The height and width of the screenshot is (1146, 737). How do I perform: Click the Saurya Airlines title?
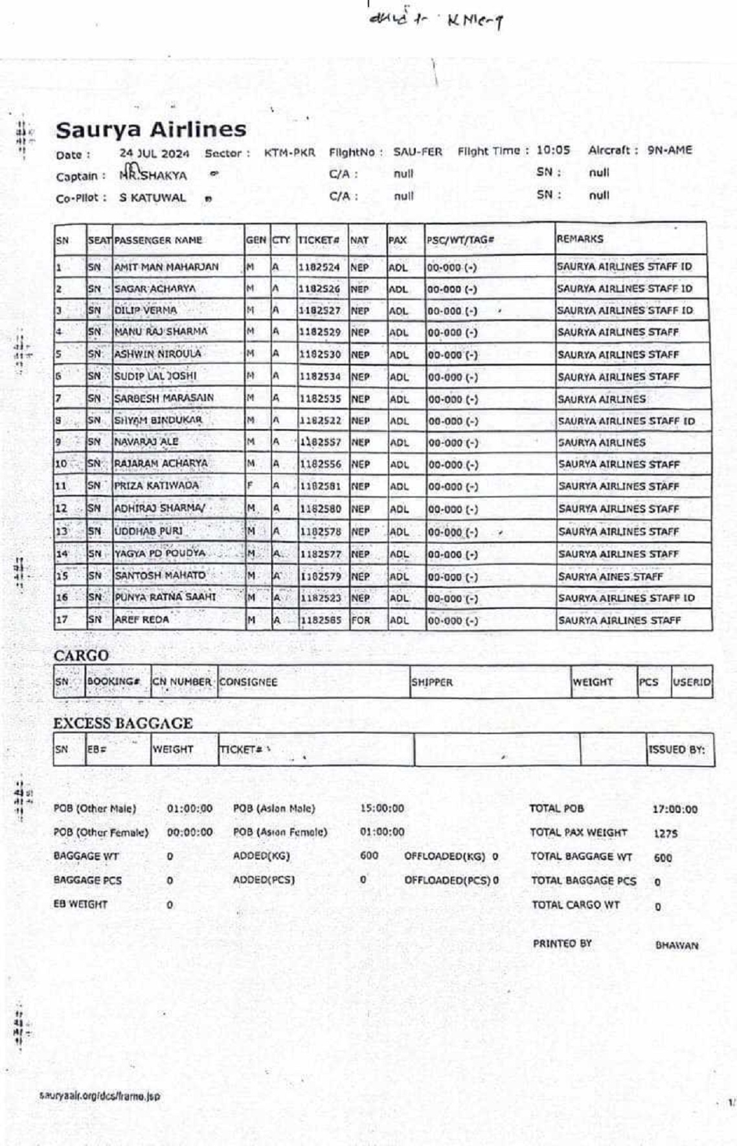(150, 130)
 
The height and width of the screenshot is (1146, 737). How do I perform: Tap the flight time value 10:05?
(553, 150)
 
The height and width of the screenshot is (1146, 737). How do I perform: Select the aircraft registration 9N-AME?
(669, 150)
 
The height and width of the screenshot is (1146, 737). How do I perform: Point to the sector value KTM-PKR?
(289, 153)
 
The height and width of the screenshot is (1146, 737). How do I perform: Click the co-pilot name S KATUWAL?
(152, 198)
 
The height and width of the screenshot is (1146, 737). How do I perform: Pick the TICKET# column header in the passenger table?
(319, 240)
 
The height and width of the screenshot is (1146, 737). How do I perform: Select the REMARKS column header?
(580, 239)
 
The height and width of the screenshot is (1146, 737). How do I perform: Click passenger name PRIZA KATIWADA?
(157, 485)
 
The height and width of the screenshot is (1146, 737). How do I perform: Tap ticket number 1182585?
(321, 620)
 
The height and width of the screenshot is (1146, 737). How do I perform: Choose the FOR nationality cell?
(361, 620)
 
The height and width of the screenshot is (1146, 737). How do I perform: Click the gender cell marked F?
(250, 486)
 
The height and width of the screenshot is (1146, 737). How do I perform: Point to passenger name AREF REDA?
(142, 619)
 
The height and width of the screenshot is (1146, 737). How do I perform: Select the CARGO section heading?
(81, 656)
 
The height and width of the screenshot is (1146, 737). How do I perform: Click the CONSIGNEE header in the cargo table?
(248, 682)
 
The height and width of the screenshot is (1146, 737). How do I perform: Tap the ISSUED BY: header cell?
(676, 750)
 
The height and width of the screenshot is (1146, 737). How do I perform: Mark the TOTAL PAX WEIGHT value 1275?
(665, 834)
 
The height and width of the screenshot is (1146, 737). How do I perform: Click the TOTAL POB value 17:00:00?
(675, 809)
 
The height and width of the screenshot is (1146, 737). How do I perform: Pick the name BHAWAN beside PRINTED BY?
(677, 945)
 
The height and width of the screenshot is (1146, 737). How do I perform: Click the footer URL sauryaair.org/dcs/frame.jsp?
(99, 1096)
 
